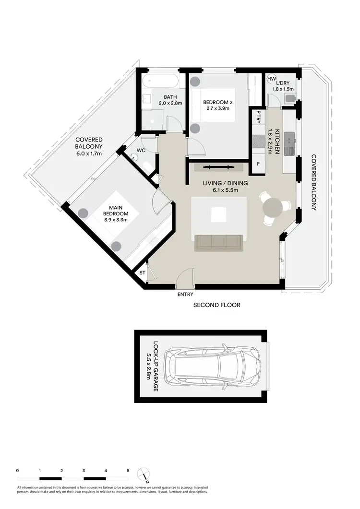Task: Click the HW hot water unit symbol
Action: [271, 79]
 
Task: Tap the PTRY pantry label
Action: [259, 117]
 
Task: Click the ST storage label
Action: [143, 273]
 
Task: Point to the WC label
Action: [141, 150]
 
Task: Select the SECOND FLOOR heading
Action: [216, 305]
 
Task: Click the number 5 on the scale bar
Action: [128, 471]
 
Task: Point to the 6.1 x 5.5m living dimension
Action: [218, 190]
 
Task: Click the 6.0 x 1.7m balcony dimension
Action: [90, 154]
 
